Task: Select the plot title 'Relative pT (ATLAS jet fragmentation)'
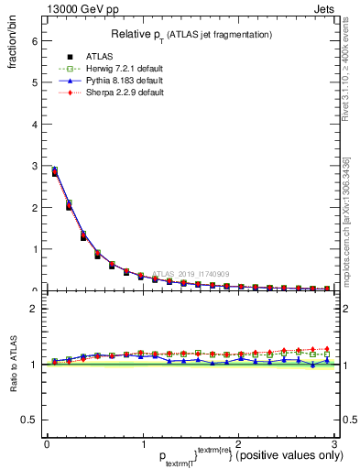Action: point(191,34)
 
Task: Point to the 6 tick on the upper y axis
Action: point(34,40)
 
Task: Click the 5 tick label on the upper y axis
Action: point(34,82)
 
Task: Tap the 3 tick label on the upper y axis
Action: point(34,166)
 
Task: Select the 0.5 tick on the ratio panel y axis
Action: point(29,420)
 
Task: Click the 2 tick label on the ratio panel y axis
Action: point(34,309)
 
